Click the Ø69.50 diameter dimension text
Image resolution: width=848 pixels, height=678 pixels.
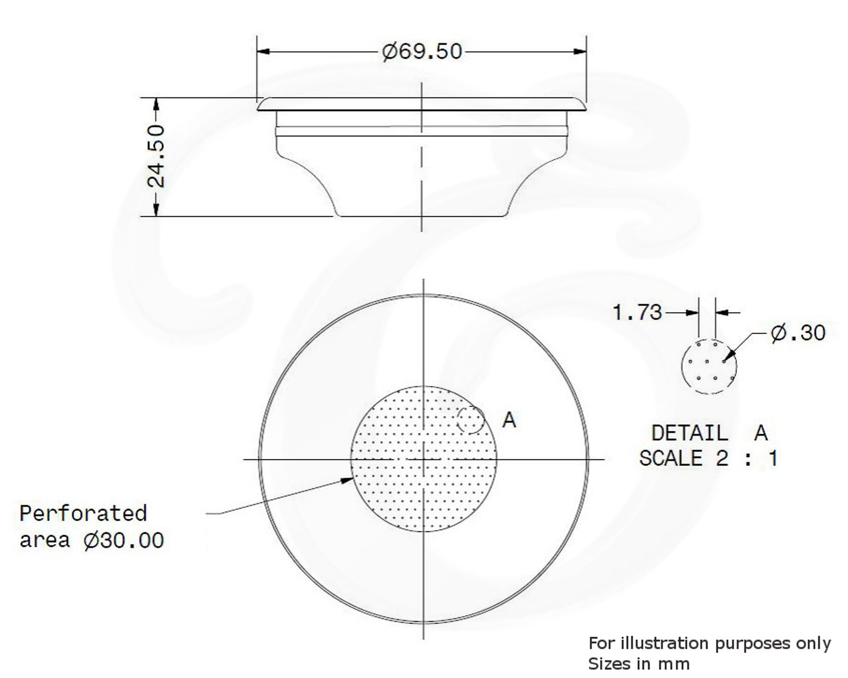[422, 51]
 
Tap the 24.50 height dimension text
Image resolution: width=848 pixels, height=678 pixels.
[157, 156]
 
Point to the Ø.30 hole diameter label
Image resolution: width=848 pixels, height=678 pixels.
[798, 333]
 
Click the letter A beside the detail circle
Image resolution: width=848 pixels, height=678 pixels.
[509, 420]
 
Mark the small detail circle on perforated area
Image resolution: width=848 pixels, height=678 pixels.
[471, 420]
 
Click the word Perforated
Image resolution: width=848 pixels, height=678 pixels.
[83, 513]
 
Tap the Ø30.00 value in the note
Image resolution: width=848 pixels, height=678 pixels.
[124, 541]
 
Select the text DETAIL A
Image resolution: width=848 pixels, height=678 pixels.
[709, 433]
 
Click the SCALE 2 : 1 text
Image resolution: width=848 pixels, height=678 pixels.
[708, 458]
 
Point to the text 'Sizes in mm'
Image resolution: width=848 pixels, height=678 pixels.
[639, 664]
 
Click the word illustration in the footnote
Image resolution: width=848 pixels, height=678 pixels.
[664, 643]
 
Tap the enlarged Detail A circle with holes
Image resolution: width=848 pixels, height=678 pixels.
[709, 366]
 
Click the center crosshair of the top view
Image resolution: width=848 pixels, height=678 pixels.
[423, 459]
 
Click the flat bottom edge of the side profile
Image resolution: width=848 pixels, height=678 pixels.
[421, 216]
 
